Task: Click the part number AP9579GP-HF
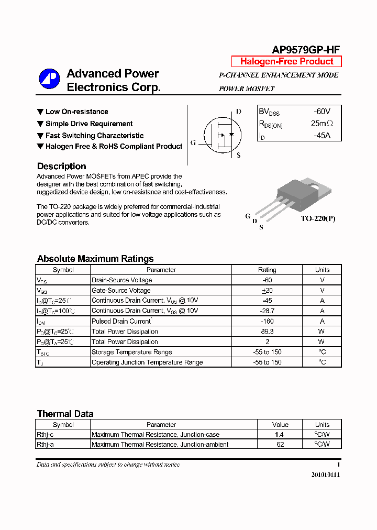pos(306,50)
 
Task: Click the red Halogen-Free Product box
pos(286,61)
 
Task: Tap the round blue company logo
pos(49,80)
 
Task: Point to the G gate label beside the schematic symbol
pos(193,142)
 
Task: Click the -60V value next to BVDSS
pos(322,112)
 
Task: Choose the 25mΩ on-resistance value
pos(321,124)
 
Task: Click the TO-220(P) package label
pos(318,218)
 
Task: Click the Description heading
pos(61,166)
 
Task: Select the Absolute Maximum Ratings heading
pos(95,259)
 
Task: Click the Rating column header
pos(267,270)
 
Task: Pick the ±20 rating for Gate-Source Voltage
pos(267,290)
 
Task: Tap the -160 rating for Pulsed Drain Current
pos(267,321)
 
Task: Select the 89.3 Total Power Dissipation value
pos(267,332)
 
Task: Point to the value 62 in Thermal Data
pos(280,445)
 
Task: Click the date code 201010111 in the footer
pos(325,475)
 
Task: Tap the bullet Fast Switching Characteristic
pos(94,136)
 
